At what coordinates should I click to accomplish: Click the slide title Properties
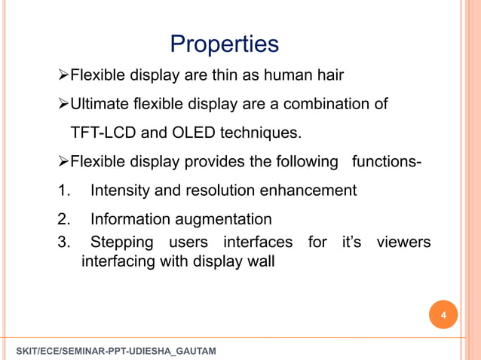pyautogui.click(x=225, y=44)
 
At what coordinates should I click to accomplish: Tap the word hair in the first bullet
pyautogui.click(x=329, y=76)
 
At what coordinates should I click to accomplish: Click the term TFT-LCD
pyautogui.click(x=103, y=134)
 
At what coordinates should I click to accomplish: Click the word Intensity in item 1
pyautogui.click(x=120, y=191)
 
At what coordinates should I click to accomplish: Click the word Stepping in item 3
pyautogui.click(x=121, y=243)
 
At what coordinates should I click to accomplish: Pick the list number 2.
pyautogui.click(x=63, y=220)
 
